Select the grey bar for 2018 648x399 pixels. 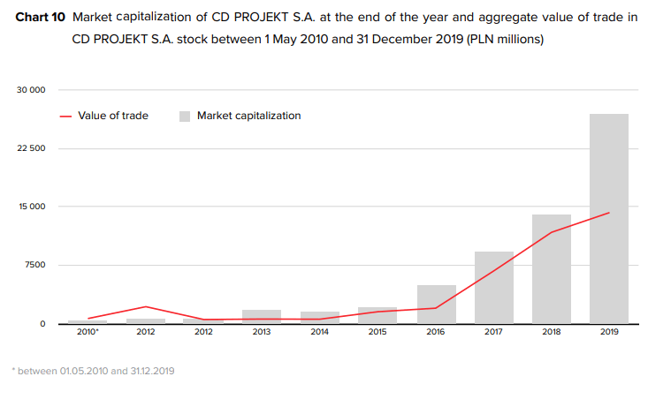551,269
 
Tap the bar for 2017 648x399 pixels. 493,288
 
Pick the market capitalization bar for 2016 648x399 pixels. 436,305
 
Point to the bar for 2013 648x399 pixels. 261,317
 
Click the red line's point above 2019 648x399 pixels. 608,213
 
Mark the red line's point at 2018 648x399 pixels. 551,232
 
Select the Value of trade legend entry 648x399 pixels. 104,116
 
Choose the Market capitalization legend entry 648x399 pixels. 240,116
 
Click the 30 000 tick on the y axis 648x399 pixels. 31,90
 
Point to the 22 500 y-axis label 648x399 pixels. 31,148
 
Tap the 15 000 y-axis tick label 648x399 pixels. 31,207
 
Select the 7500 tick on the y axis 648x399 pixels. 34,265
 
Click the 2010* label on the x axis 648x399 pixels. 88,333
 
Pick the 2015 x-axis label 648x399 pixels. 377,333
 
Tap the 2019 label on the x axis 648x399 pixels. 608,333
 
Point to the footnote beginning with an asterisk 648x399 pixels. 94,371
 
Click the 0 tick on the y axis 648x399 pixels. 42,323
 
